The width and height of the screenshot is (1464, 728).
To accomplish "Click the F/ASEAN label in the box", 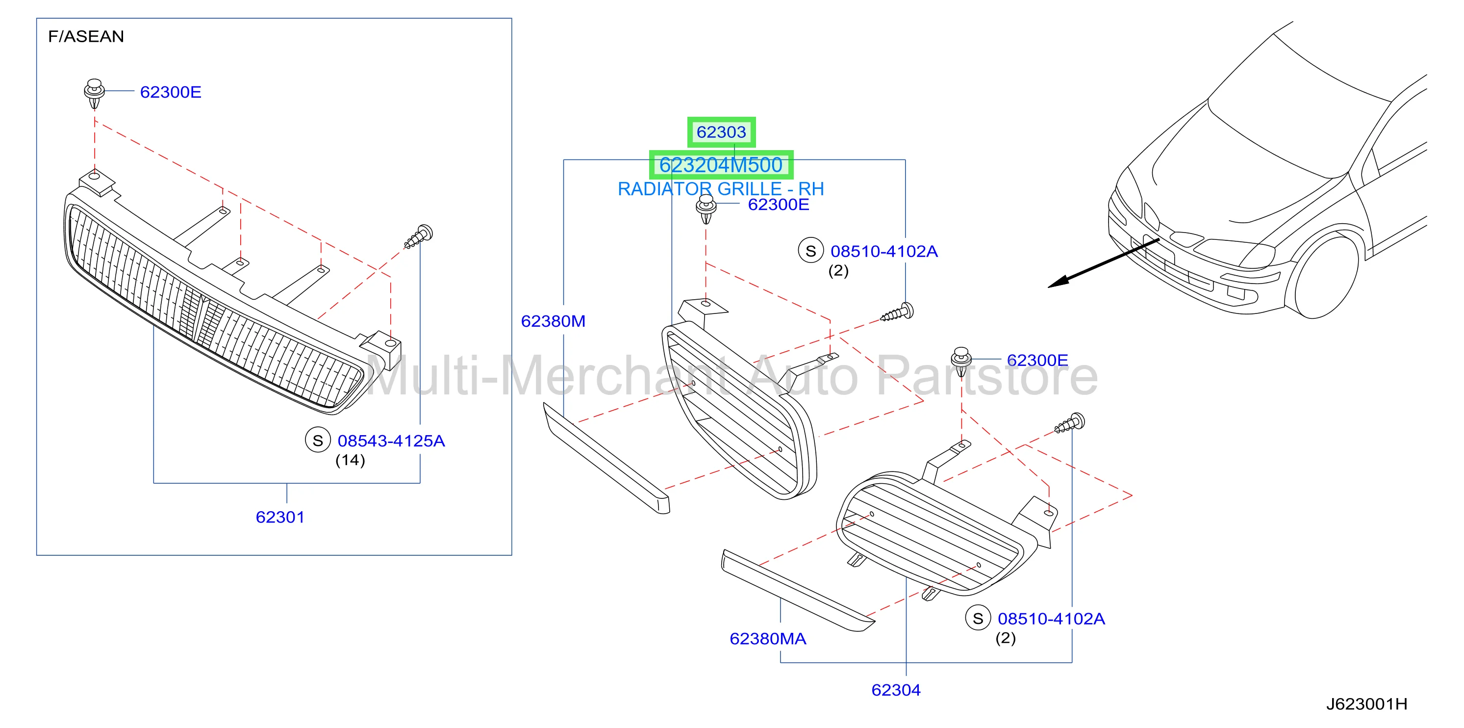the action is (86, 36).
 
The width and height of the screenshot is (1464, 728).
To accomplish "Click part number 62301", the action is (280, 517).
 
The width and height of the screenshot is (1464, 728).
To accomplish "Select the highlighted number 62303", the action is (721, 132).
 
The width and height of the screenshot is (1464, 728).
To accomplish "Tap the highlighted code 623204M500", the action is (721, 165).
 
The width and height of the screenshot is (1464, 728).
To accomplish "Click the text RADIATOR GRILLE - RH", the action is (721, 189).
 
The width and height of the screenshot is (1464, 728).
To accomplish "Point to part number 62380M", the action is (553, 321).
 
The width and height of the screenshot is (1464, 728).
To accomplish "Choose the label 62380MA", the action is (768, 639).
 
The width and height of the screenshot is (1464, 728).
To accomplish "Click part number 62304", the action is (896, 690).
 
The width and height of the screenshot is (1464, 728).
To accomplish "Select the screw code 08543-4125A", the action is (391, 441).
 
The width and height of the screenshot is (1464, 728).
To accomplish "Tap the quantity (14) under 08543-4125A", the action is (350, 460).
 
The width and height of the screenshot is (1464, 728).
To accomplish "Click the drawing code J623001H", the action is (1367, 704).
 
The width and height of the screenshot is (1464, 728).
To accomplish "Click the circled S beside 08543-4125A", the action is (318, 440).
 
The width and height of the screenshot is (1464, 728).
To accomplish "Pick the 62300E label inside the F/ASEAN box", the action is (171, 92).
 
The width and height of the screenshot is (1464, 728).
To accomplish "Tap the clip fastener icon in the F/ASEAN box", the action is (94, 93).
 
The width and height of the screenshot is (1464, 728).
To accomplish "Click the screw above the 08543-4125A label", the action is (419, 237).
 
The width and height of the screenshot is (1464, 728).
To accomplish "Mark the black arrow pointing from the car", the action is (1104, 263).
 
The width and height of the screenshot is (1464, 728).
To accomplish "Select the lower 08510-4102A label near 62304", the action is (1051, 619).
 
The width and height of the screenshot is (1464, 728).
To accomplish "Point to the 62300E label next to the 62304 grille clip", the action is (1037, 360).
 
